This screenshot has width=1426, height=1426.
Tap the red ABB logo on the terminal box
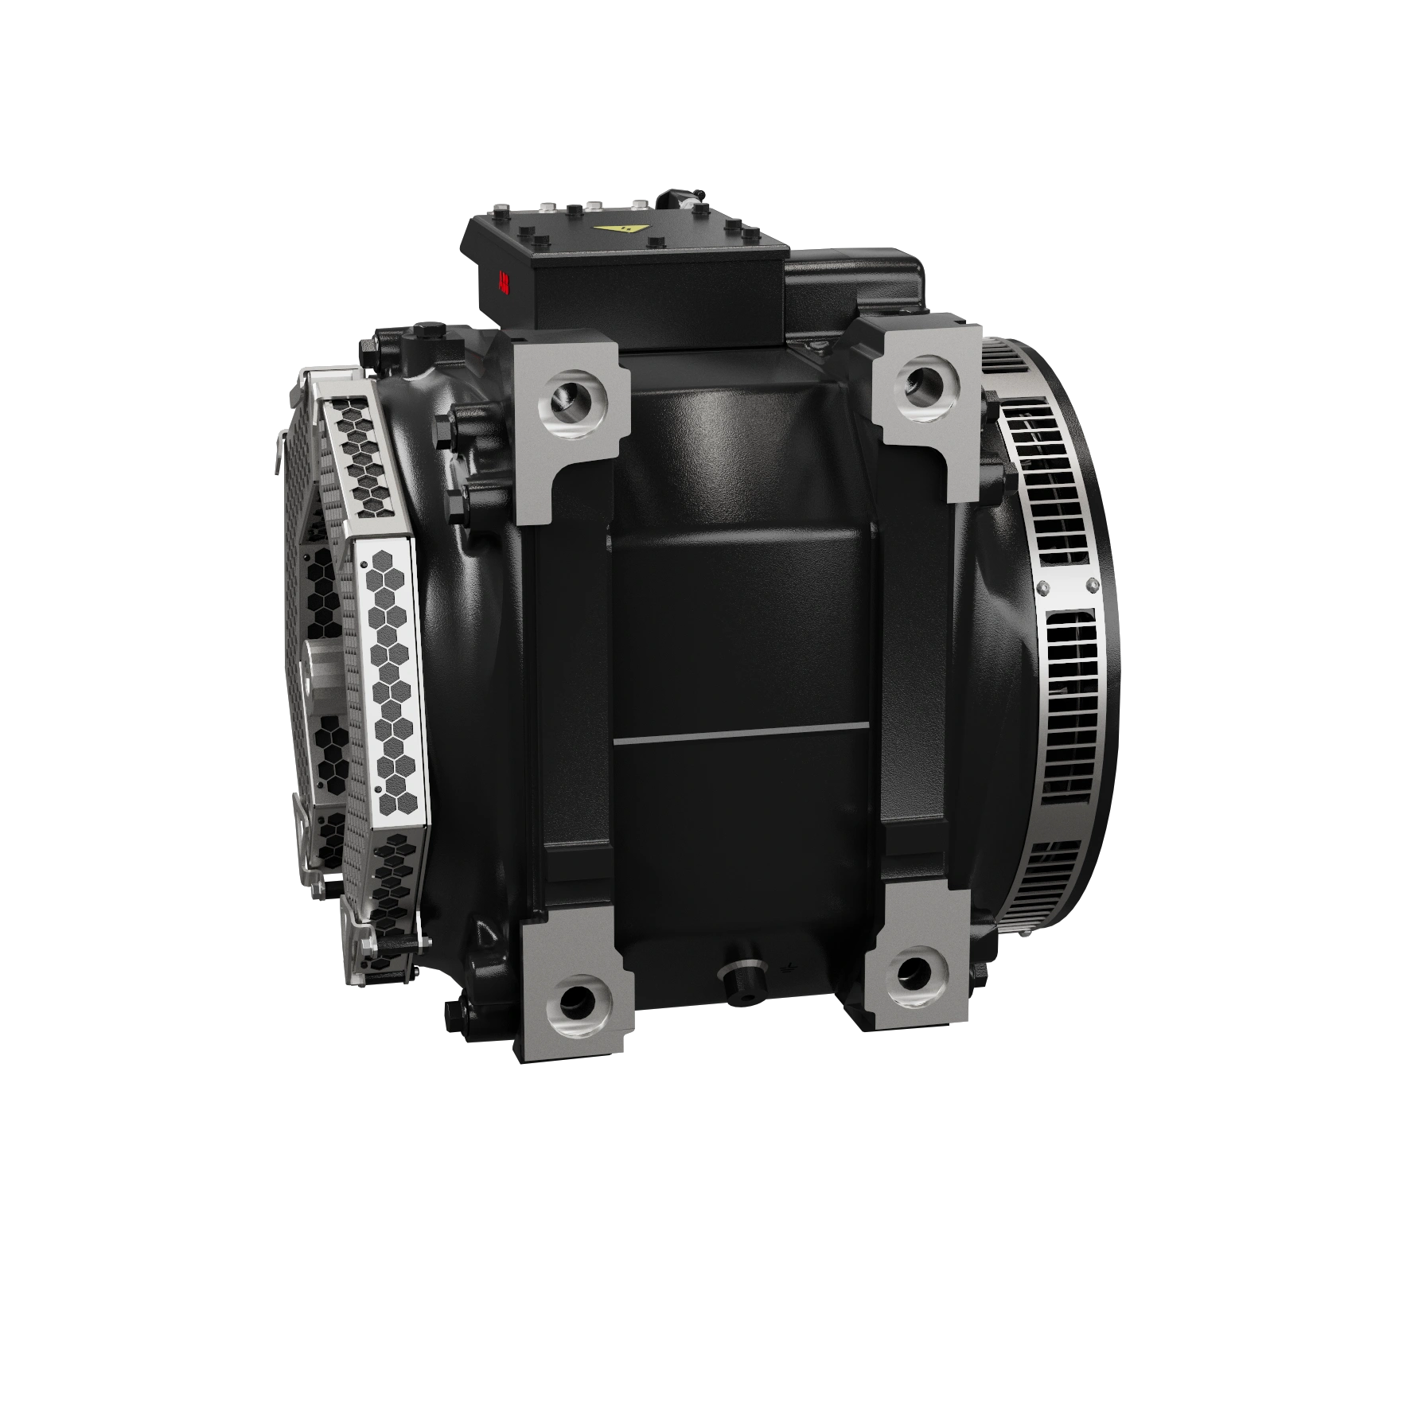(503, 282)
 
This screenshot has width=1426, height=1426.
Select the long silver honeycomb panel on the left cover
(391, 684)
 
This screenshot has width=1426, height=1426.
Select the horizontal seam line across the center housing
(740, 736)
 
